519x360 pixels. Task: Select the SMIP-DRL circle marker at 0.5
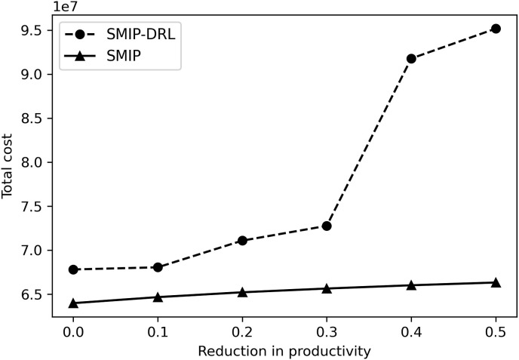point(496,29)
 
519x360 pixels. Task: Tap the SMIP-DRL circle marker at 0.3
point(327,226)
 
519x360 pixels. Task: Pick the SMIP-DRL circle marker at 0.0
point(73,269)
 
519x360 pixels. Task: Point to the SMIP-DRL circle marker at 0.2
point(242,240)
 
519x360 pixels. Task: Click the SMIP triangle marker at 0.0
point(73,303)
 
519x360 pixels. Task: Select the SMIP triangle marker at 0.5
point(496,282)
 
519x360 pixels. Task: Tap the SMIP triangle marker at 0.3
point(327,288)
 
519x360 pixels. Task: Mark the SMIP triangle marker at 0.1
point(158,297)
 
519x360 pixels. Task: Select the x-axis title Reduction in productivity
point(284,351)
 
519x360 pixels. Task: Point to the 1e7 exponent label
point(65,6)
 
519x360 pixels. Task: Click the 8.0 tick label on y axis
point(38,162)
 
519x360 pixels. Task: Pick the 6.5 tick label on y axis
point(38,294)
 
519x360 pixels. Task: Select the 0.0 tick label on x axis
point(73,332)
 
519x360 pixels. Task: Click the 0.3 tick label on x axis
point(327,332)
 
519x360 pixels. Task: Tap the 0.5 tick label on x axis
point(496,332)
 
